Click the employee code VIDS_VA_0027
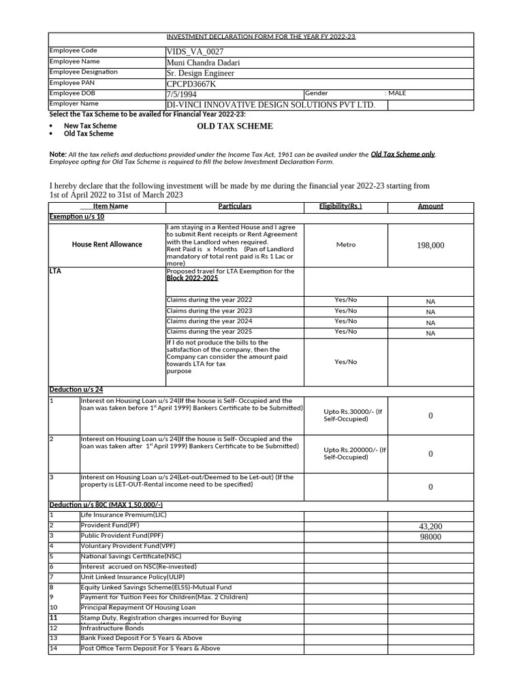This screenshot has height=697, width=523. click(x=195, y=52)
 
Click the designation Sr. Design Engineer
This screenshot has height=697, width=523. click(x=200, y=73)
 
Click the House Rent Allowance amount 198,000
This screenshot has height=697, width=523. click(x=430, y=246)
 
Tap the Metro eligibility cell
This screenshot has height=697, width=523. click(x=345, y=245)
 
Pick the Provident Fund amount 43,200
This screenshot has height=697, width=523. click(x=430, y=527)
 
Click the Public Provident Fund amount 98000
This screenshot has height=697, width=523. click(x=430, y=537)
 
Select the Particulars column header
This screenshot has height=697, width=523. click(x=234, y=206)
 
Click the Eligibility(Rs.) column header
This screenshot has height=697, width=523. click(x=340, y=206)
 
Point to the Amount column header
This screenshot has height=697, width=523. click(x=430, y=206)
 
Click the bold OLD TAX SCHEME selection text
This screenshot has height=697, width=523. click(x=235, y=127)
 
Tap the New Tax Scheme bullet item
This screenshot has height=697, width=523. click(x=90, y=126)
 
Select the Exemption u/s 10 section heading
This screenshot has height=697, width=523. click(x=76, y=216)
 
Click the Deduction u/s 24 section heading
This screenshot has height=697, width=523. click(x=76, y=390)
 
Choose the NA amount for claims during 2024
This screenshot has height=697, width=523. click(x=430, y=323)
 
